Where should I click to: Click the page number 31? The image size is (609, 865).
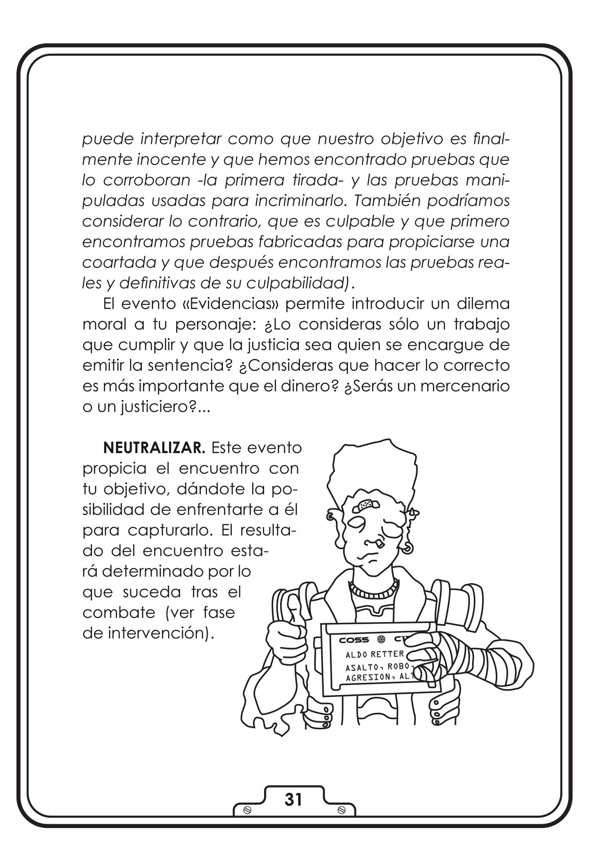293,800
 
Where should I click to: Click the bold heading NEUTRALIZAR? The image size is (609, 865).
154,448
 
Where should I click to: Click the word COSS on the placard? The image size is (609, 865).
354,640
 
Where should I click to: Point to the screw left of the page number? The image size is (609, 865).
247,810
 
